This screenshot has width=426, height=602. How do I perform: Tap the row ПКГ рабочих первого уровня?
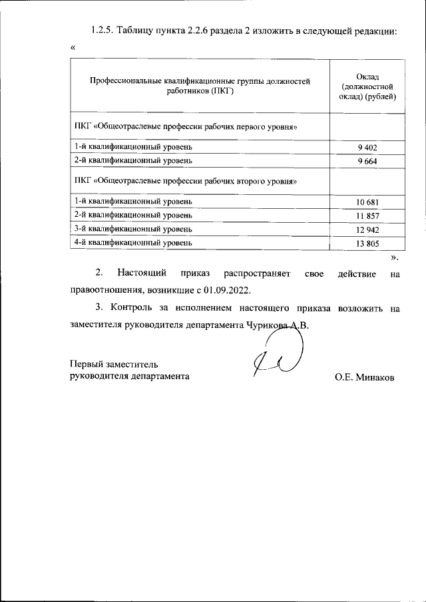pyautogui.click(x=186, y=126)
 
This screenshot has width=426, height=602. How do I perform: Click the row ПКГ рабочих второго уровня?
pyautogui.click(x=186, y=181)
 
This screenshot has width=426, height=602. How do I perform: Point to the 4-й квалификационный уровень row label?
pyautogui.click(x=133, y=243)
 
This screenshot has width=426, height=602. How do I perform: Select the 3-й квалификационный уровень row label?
pyautogui.click(x=133, y=229)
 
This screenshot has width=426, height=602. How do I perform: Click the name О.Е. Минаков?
pyautogui.click(x=364, y=377)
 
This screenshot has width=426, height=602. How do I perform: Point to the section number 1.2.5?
pyautogui.click(x=101, y=31)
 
